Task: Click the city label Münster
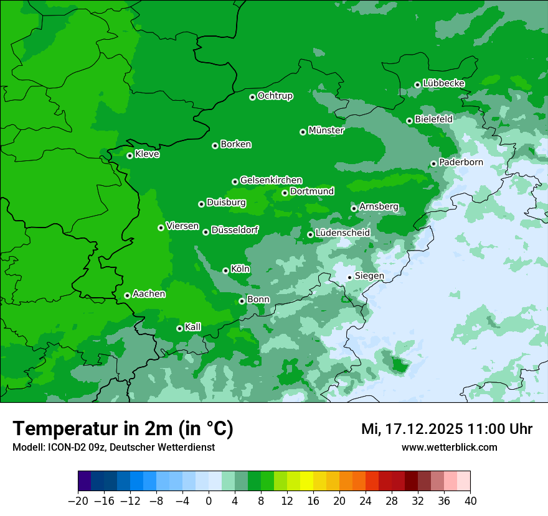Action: [326, 131]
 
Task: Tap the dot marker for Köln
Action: [225, 270]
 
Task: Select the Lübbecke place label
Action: [443, 83]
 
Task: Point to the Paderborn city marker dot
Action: [433, 164]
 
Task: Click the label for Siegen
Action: [369, 276]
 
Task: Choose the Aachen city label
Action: [149, 294]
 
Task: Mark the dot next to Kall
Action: [179, 328]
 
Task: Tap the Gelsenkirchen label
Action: [271, 180]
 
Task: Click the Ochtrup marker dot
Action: [252, 97]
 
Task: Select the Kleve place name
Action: [147, 154]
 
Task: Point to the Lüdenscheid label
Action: [342, 233]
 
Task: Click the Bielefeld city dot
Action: [409, 121]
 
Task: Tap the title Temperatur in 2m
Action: [123, 429]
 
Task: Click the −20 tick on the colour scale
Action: [78, 501]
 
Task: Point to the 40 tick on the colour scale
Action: [470, 501]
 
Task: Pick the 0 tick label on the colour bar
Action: [209, 501]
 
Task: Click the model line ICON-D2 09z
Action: [113, 447]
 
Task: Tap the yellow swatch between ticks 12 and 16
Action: [306, 481]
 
